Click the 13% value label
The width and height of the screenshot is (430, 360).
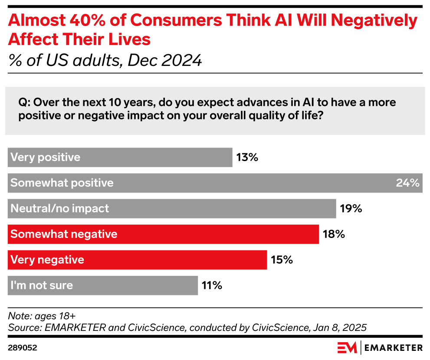(247, 157)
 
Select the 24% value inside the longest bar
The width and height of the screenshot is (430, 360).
(407, 183)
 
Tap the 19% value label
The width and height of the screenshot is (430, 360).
(351, 208)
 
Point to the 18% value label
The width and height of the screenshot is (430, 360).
(334, 234)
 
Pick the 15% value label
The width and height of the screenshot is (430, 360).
(282, 260)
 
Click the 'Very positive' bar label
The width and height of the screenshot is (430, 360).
(45, 157)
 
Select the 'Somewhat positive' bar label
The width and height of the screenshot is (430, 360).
(62, 183)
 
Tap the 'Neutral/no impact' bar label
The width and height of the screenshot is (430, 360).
(59, 208)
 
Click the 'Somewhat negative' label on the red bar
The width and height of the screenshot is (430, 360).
(64, 234)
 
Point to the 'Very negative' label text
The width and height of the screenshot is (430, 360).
(47, 260)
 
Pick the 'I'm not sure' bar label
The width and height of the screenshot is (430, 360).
(41, 285)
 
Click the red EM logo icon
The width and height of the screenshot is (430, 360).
(347, 347)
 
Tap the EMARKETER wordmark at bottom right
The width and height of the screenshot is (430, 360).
(393, 347)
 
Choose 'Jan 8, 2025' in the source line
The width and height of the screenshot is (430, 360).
(339, 327)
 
